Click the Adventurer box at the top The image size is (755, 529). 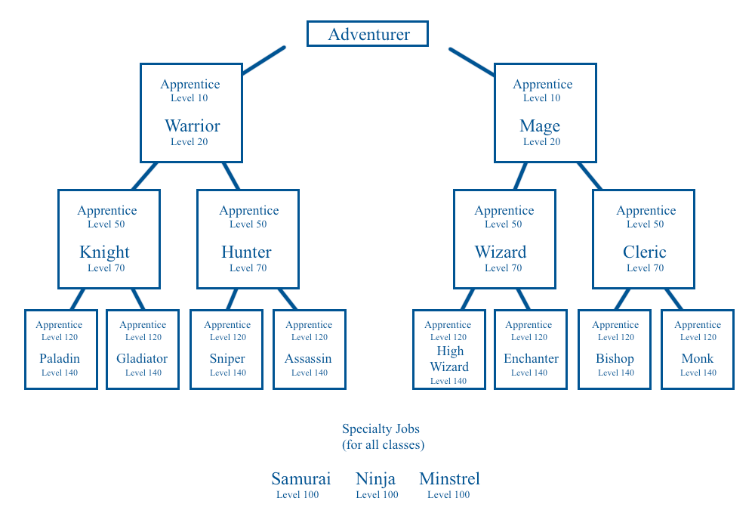pyautogui.click(x=368, y=34)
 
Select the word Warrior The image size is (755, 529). pyautogui.click(x=192, y=126)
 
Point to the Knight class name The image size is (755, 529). pyautogui.click(x=105, y=252)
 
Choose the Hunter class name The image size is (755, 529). pyautogui.click(x=246, y=252)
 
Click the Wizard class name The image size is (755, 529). pyautogui.click(x=501, y=252)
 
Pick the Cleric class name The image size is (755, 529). pyautogui.click(x=645, y=252)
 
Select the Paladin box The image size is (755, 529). pyautogui.click(x=61, y=349)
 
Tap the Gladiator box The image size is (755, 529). pyautogui.click(x=143, y=349)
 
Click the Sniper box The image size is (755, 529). pyautogui.click(x=226, y=349)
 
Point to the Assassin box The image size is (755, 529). pyautogui.click(x=310, y=349)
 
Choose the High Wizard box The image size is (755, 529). pyautogui.click(x=449, y=349)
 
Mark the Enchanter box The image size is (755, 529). pyautogui.click(x=531, y=349)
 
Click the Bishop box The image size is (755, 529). pyautogui.click(x=615, y=349)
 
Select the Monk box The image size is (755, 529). pyautogui.click(x=698, y=349)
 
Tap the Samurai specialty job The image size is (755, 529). pyautogui.click(x=300, y=479)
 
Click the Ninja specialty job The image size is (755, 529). pyautogui.click(x=376, y=479)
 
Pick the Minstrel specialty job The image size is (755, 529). pyautogui.click(x=449, y=479)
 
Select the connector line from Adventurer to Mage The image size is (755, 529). pyautogui.click(x=472, y=62)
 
